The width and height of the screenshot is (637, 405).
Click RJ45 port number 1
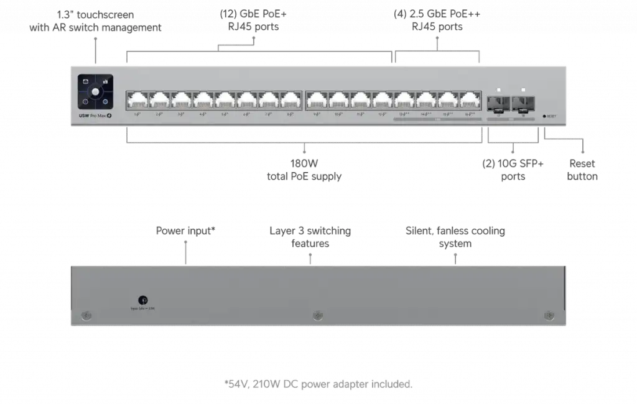pos(136,100)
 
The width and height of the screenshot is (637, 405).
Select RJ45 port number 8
pos(291,100)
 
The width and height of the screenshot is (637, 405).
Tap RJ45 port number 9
pos(317,100)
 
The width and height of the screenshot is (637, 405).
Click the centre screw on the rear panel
pos(318,316)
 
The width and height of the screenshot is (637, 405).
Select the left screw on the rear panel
pos(86,316)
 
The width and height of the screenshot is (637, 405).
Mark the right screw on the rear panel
pos(549,316)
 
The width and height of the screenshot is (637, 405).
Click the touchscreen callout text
pos(96,21)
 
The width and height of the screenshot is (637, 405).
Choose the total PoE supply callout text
pos(305,171)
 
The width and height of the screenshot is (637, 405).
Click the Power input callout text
pos(186,232)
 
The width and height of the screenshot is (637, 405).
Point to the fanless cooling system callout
pos(455,237)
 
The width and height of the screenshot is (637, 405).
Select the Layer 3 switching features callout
pos(310,237)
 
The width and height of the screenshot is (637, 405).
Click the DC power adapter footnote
pos(317,385)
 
